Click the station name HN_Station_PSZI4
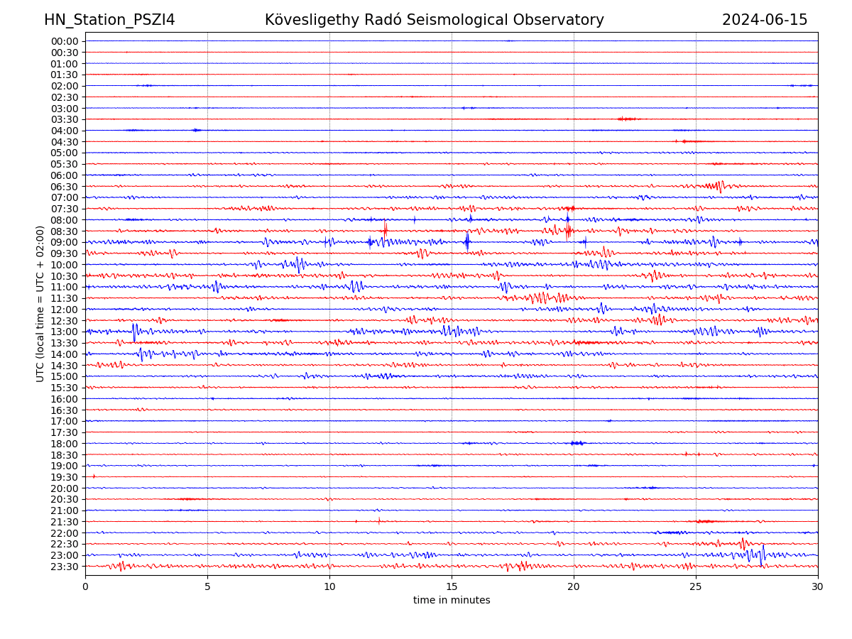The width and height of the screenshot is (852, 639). point(109,20)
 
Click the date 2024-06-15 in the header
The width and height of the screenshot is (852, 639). point(765,20)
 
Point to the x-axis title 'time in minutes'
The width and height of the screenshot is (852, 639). point(452,601)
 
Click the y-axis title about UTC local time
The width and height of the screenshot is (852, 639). point(40,304)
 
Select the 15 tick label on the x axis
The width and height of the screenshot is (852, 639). point(452,586)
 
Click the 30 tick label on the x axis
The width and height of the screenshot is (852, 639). point(818,586)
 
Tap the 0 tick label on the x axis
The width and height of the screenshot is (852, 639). point(85,586)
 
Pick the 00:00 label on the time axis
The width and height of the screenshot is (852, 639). point(65,41)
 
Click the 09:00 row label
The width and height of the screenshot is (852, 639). point(65,242)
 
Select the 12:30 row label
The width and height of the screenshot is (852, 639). point(65,321)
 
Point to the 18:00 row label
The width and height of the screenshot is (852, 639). point(65,444)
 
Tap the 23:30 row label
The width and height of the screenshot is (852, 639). point(65,567)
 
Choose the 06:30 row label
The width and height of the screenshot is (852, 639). point(65,187)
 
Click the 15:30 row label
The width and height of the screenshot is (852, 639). point(65,388)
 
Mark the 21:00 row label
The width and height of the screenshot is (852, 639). point(65,510)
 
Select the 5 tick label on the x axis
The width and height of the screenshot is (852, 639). point(207,586)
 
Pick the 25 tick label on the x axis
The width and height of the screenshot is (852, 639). point(696,586)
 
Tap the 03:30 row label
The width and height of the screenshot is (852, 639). point(65,119)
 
